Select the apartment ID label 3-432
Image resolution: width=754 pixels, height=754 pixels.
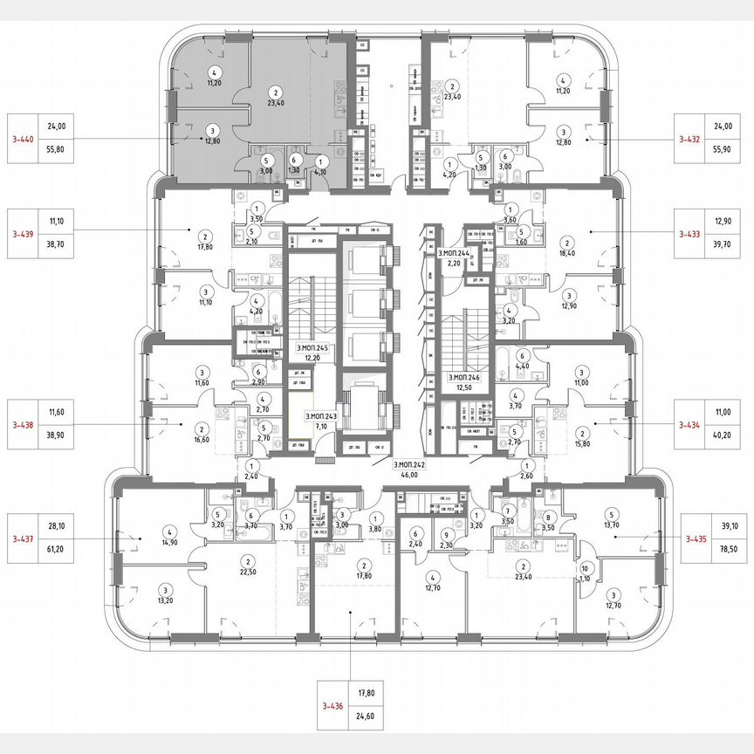pos(691,138)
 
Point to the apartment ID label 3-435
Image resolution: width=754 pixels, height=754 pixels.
pos(691,538)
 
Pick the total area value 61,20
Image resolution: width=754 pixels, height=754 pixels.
pos(58,550)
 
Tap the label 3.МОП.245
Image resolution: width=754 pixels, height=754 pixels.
pos(311,348)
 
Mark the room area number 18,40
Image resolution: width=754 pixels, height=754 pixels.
pos(567,254)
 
